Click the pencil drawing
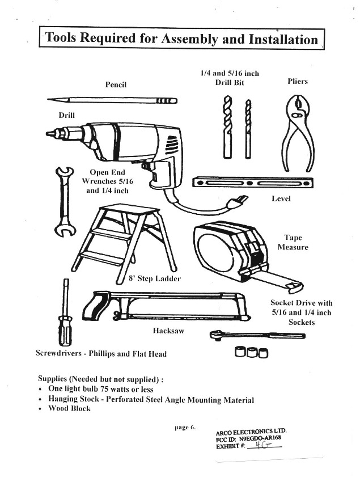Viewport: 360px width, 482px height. click(113, 100)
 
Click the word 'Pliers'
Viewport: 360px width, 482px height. click(298, 82)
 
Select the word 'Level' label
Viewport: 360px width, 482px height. click(282, 200)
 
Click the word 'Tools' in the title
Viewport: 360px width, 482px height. click(62, 39)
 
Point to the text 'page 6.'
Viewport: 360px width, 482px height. click(185, 427)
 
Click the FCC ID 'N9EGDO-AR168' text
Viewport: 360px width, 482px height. click(263, 438)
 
